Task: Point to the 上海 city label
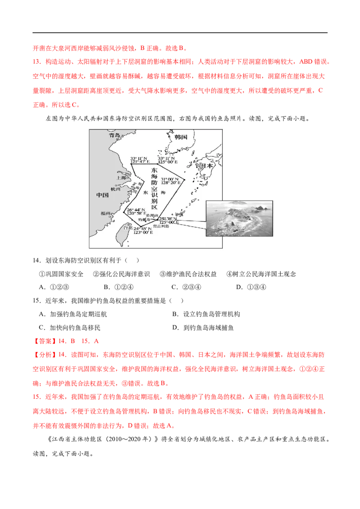tap(121, 178)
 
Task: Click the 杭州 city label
tap(116, 189)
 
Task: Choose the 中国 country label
tap(103, 195)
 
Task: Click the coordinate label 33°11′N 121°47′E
tap(140, 161)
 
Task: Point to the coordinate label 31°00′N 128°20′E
tap(171, 180)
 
